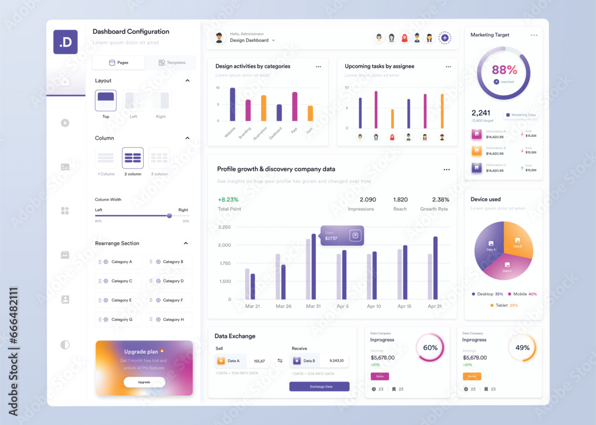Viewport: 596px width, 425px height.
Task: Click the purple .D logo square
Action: (x=66, y=42)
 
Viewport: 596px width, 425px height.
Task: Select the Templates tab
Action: (x=172, y=62)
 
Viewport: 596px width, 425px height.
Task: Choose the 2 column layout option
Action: (x=133, y=158)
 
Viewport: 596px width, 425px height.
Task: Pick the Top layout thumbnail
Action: (x=105, y=101)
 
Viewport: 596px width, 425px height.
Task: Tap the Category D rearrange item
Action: (x=169, y=281)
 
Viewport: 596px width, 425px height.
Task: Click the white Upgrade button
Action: (x=144, y=382)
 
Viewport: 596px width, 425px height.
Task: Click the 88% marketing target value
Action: (x=504, y=70)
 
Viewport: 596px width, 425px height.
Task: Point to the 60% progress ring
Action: (x=430, y=348)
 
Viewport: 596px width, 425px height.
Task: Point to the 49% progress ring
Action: (x=522, y=348)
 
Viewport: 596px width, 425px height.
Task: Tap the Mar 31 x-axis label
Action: (x=313, y=306)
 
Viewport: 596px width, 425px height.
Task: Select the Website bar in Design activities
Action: (x=232, y=105)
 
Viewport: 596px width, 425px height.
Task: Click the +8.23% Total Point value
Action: (x=228, y=200)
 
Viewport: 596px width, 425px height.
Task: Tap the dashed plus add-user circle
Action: (x=445, y=38)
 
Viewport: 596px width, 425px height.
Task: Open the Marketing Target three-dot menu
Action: (x=534, y=35)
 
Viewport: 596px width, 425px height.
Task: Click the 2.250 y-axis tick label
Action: (x=225, y=227)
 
